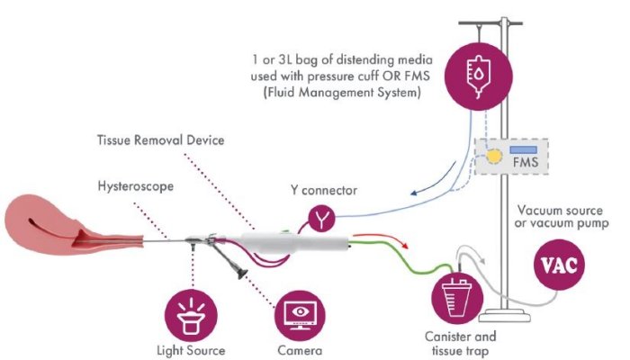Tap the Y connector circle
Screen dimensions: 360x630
tap(321, 217)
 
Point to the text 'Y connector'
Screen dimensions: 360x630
tap(322, 190)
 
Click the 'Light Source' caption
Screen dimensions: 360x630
tap(191, 349)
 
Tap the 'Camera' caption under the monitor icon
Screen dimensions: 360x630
tap(298, 349)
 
